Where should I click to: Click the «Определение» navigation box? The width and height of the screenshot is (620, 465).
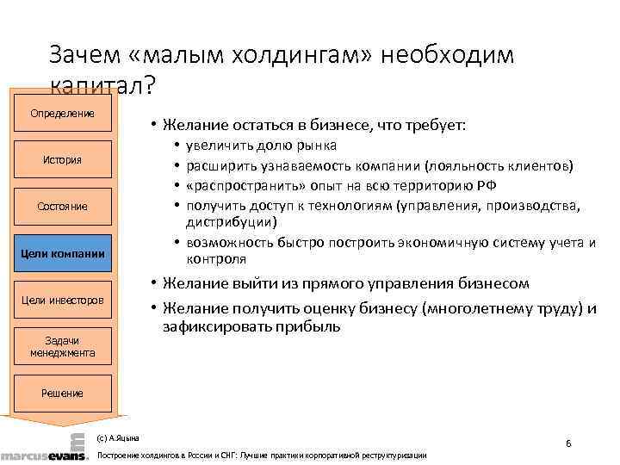point(62,114)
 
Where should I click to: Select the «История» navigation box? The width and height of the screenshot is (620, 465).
point(62,159)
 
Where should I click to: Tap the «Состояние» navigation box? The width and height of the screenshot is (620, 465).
point(62,207)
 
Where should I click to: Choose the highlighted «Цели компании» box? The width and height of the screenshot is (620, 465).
point(62,253)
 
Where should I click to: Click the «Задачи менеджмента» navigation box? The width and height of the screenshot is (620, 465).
point(62,347)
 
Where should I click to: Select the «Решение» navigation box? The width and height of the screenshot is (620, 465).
point(62,394)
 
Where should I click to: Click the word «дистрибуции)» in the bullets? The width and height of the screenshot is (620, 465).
point(232,222)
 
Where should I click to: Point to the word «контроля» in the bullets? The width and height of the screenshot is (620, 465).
point(216,259)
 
